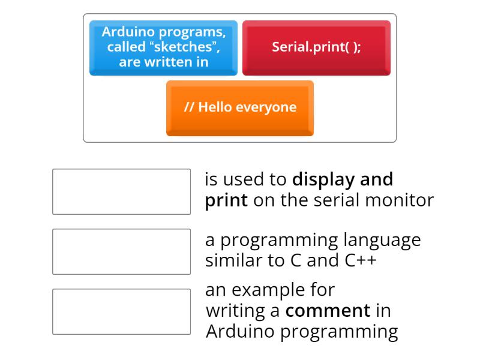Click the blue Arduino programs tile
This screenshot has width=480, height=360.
163,47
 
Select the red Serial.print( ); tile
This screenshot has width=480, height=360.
316,47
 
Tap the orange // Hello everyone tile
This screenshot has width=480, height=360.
240,108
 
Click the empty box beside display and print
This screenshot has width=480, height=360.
121,191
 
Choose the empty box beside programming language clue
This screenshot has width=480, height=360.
121,251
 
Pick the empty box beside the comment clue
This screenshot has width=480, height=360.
121,311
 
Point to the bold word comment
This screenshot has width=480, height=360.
328,311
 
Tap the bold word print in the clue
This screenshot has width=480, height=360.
226,200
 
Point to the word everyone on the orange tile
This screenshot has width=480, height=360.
266,108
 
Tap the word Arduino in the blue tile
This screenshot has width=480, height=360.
125,33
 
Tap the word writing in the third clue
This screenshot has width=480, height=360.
235,311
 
